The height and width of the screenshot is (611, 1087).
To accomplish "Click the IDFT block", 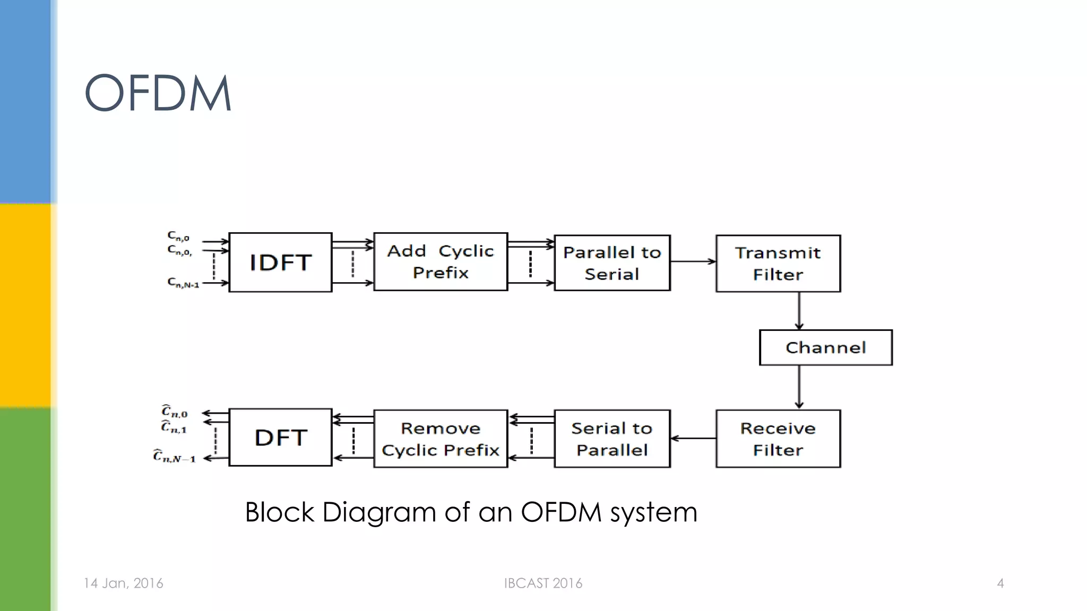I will (x=280, y=263).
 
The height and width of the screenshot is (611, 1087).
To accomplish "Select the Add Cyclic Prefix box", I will (x=441, y=262).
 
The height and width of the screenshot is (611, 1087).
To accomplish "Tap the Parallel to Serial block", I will (x=612, y=263).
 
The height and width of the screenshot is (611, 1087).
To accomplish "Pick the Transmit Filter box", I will (x=778, y=264).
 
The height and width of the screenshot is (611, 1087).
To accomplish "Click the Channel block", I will (x=825, y=347).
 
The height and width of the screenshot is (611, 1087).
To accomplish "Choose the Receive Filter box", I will (x=778, y=439).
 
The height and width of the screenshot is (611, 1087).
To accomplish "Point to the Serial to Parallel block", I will (x=612, y=439).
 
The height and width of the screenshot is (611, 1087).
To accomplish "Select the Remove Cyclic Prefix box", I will (x=441, y=439).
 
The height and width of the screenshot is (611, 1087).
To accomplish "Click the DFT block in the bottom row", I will (x=280, y=438).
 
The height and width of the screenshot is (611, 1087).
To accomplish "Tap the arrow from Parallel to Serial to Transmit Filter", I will (x=693, y=261).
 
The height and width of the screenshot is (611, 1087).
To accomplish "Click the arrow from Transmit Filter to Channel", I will (x=799, y=311).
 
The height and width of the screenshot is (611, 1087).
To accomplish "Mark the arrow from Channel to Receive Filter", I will (x=799, y=387).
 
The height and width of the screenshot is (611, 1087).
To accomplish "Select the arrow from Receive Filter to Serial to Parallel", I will (x=693, y=438).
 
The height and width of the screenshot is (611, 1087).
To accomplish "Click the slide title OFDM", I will (x=158, y=93).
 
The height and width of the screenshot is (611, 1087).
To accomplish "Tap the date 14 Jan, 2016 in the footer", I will (x=123, y=583).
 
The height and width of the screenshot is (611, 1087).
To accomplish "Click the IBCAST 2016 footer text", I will (x=543, y=583).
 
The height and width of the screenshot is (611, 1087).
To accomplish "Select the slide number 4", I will (x=1000, y=583).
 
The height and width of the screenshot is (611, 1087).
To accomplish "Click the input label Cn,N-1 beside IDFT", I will (x=183, y=283).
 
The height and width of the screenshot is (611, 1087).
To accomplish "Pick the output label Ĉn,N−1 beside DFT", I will (x=174, y=457).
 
